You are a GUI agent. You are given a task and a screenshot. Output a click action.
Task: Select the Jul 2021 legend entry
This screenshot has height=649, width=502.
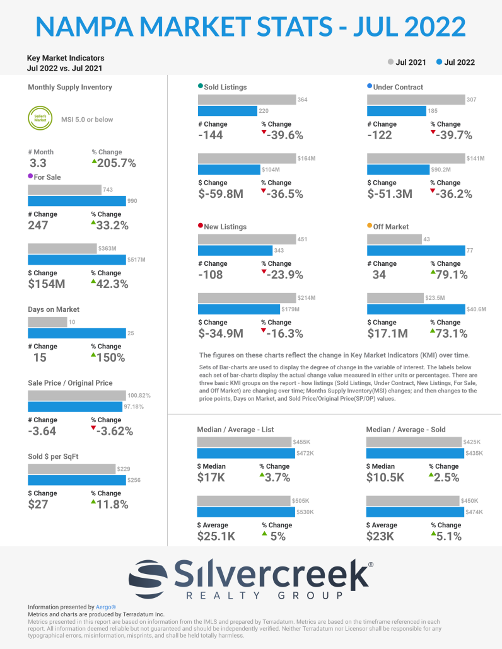407,62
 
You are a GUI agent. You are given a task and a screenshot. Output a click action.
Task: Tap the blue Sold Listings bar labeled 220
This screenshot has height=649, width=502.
228,111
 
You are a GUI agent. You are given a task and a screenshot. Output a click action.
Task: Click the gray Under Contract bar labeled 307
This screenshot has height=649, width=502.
416,100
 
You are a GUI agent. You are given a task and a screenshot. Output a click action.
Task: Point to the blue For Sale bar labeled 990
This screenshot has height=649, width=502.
77,201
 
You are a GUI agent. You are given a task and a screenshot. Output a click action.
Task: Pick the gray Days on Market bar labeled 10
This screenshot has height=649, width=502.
47,322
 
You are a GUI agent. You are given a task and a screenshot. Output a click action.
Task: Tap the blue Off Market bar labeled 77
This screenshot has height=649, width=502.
416,251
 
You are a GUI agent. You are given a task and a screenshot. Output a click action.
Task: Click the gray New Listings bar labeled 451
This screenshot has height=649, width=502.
247,239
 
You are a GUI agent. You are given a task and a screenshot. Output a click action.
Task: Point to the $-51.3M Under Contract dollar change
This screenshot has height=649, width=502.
390,194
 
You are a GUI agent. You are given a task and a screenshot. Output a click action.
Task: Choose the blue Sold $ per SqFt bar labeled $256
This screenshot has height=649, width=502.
77,480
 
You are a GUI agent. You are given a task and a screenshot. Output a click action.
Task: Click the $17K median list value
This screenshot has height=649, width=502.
211,478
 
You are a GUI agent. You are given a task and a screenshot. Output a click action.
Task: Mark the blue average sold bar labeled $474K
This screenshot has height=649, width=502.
414,512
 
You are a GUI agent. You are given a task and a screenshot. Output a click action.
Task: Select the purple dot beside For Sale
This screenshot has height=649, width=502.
31,177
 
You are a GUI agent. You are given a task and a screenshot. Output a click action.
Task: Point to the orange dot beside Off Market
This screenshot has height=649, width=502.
370,226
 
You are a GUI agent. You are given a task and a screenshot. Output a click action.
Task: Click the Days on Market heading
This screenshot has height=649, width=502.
53,309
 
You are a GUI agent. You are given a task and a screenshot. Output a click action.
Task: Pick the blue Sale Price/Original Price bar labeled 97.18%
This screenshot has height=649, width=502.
76,406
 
